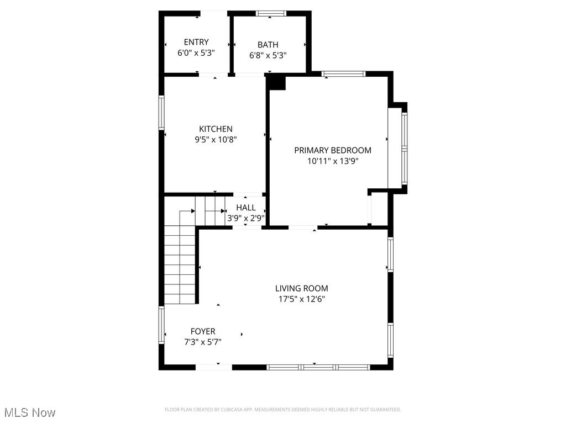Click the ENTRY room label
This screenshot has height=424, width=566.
point(196,42)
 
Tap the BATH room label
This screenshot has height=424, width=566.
point(268,45)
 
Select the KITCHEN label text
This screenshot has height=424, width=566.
point(216,129)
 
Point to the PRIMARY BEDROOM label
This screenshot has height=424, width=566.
point(333,150)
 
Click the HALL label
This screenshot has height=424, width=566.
point(246,208)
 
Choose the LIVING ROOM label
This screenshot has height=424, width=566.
point(302,288)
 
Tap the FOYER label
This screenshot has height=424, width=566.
point(203,331)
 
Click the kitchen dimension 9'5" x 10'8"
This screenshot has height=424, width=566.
point(216,140)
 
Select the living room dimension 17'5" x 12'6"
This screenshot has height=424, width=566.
point(302,299)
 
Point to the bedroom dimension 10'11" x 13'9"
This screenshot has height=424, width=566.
point(333,161)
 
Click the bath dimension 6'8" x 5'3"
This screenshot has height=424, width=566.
point(268,55)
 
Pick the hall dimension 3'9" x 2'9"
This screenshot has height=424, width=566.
point(246,218)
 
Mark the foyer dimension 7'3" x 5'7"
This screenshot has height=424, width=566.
point(203,342)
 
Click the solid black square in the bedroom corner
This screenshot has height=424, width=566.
point(276,83)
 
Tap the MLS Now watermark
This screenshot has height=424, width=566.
point(30,412)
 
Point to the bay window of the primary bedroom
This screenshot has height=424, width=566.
point(405,148)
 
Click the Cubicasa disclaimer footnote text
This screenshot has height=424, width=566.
point(283,410)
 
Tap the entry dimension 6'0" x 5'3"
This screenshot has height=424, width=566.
point(196,53)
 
